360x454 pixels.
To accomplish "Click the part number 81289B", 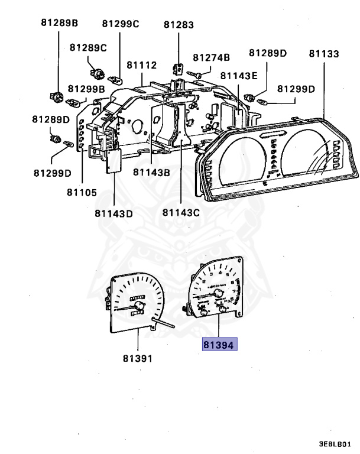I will pos(60,24).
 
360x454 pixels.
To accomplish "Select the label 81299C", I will pos(120,24).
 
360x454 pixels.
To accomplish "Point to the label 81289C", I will pos(88,47).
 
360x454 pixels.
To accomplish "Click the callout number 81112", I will pos(140,65).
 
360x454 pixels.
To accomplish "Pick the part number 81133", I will pos(324,54).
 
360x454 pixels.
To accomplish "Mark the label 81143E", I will pos(239,76).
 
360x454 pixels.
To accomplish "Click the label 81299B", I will pos(86,89).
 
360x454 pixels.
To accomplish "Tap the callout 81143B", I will pos(151,172).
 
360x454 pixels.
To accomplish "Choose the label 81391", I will pos(137,358).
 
